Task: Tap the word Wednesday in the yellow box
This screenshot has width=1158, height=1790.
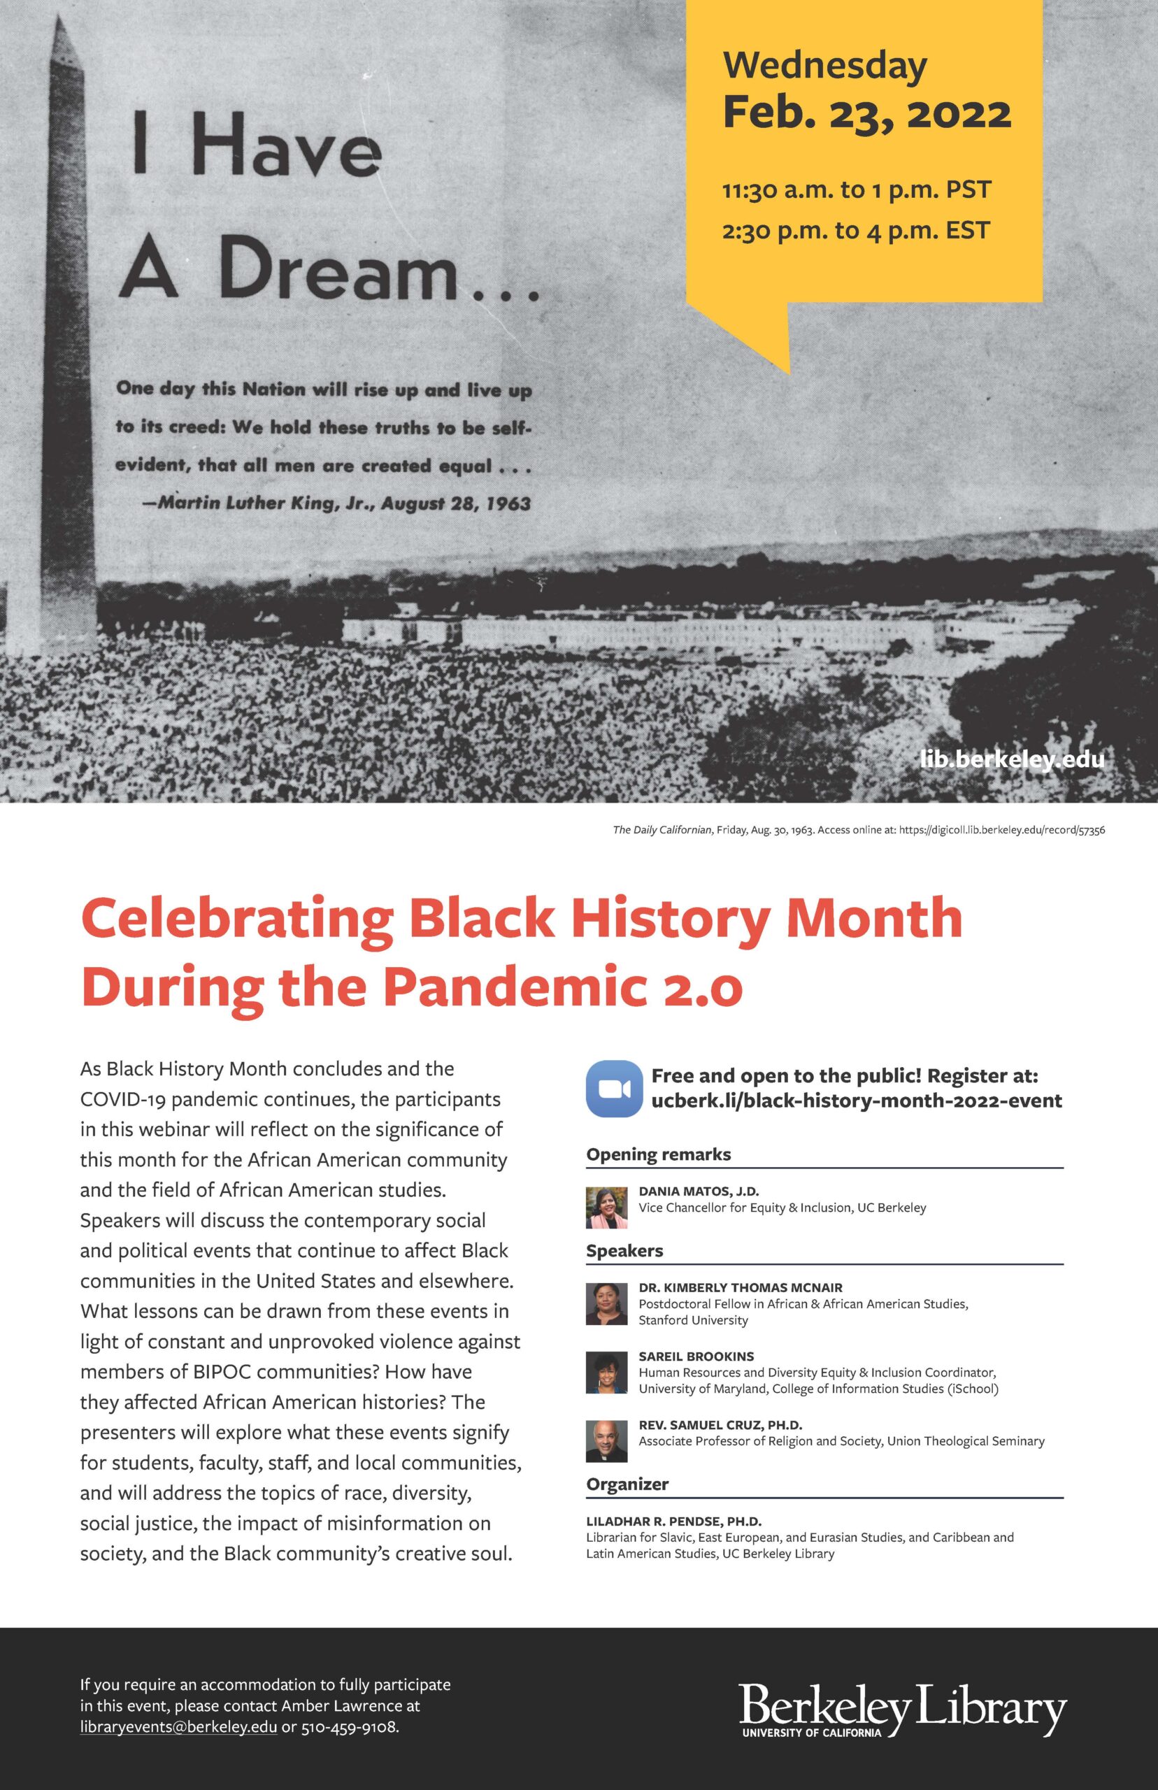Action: tap(824, 66)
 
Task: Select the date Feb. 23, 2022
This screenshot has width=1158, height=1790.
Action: tap(866, 113)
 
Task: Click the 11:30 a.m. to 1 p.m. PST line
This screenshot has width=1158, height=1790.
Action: tap(857, 189)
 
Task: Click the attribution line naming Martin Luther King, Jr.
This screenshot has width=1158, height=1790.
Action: tap(336, 503)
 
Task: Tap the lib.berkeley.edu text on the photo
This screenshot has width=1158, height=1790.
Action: tap(1011, 759)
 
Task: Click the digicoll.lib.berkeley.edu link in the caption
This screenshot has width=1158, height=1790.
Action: tap(1001, 830)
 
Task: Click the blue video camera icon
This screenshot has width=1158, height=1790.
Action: tap(613, 1088)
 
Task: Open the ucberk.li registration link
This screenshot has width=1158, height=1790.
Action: tap(857, 1101)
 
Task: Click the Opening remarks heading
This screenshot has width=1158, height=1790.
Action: tap(658, 1154)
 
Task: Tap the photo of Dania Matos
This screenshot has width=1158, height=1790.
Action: tap(606, 1208)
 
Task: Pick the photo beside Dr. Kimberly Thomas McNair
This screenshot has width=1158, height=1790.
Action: tap(606, 1303)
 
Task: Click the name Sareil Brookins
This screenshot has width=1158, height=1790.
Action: tap(696, 1356)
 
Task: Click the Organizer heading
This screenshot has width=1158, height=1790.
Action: tap(627, 1484)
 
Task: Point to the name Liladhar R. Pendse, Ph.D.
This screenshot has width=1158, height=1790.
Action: tap(673, 1521)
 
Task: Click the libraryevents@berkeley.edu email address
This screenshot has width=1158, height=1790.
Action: tap(178, 1726)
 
